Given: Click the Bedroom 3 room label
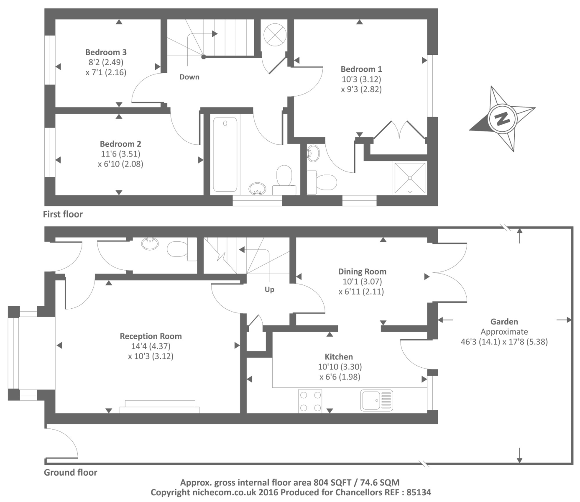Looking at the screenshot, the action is point(106,52).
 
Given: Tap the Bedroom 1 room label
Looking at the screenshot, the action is point(361,69).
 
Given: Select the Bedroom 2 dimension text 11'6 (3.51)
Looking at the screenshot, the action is point(120,154).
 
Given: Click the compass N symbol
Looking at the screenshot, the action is point(502,118).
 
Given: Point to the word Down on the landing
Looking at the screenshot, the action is point(189,77).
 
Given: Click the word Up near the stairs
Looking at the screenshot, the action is point(269,289).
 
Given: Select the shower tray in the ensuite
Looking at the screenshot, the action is point(410,178).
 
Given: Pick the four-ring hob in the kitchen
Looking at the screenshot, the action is point(310,401).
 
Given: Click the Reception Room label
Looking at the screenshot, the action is point(151,336).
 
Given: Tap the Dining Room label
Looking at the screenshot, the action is point(362,271).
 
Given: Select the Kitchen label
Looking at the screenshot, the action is point(339,357).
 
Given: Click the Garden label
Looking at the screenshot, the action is point(504,322).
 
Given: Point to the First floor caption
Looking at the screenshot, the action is point(63,214).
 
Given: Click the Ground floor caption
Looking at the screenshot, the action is point(71,472).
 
